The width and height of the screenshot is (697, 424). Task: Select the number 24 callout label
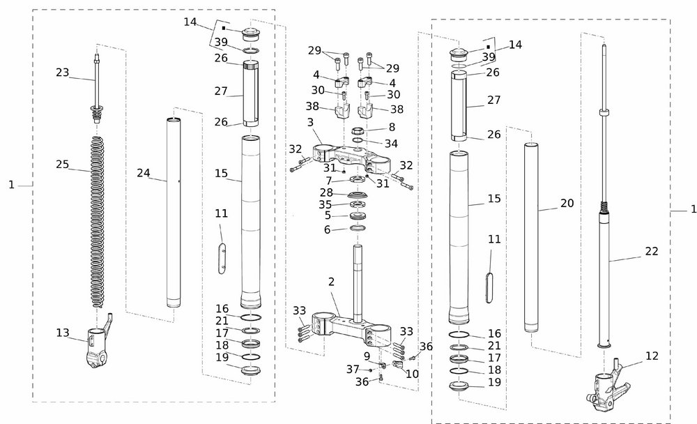[x=144, y=173]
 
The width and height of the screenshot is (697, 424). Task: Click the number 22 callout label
[x=651, y=251]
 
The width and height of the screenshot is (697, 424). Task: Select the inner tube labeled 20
[x=532, y=237]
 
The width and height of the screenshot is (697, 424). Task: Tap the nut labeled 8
[x=357, y=130]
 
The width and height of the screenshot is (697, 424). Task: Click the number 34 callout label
[x=391, y=144]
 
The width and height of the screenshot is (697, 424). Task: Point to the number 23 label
[x=63, y=71]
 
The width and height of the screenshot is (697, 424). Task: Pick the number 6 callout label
[x=327, y=229]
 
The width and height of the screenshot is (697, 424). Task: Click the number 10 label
[x=412, y=374]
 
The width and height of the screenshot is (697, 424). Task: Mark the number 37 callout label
[x=353, y=369]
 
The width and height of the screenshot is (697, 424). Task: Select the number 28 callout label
[x=326, y=192]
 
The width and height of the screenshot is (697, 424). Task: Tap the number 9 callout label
[x=367, y=356]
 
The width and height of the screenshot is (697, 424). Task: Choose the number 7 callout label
[x=328, y=181]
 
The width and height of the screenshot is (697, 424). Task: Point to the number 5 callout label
[x=327, y=216]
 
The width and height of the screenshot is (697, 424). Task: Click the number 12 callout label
[x=652, y=356]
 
